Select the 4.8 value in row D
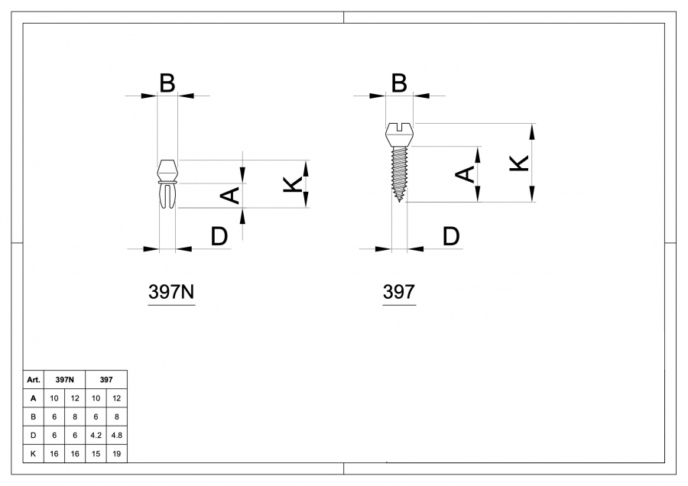coord(117,435)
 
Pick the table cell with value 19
coord(117,453)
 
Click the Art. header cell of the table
coord(33,379)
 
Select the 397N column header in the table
coord(65,379)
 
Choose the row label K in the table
coord(33,453)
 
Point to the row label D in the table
coord(33,435)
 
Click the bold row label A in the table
coord(33,398)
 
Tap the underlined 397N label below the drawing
coord(170,292)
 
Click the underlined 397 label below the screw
coord(398,292)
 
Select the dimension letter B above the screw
coord(398,83)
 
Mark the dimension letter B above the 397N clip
coord(167,83)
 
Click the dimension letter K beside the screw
coord(518,163)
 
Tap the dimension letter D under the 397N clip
coord(219,237)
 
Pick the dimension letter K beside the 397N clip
coord(292,183)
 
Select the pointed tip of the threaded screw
coord(400,199)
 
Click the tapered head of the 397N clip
coord(167,168)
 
